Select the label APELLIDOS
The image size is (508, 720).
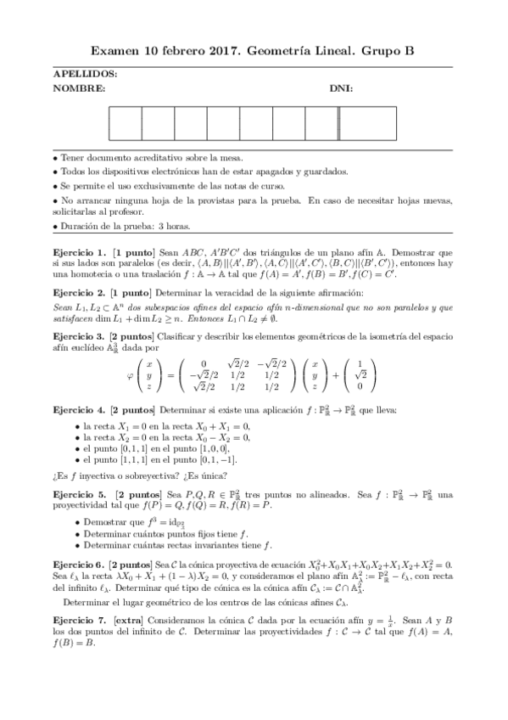85,75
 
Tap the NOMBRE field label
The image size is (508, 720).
79,88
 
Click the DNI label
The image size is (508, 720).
342,88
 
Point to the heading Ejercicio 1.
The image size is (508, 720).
80,252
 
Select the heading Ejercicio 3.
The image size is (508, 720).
80,336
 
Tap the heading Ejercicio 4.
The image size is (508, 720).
80,411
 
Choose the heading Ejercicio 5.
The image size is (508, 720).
80,493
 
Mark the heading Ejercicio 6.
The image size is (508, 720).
80,564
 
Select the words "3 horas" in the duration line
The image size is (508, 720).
175,227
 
